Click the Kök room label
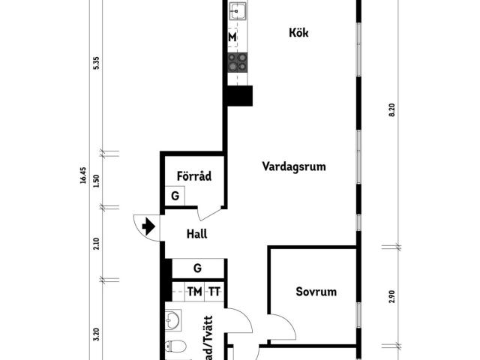pos(298,33)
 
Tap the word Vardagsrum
pos(293,166)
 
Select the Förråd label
pos(193,176)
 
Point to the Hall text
pos(196,233)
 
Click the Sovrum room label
pos(316,292)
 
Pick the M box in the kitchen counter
pos(232,37)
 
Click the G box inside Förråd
pos(175,196)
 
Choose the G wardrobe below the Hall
pos(197,268)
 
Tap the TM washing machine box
pos(194,292)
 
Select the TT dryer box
pos(214,292)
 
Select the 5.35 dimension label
pos(96,64)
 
